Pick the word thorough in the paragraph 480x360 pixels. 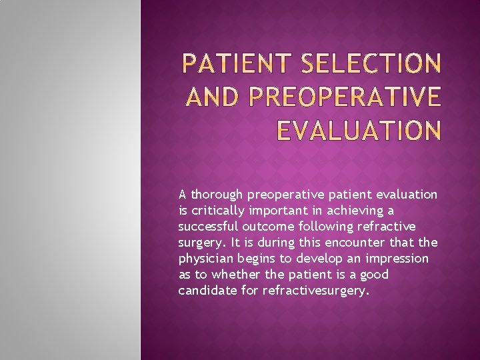(x=217, y=195)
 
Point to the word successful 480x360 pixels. (x=207, y=227)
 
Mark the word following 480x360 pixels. (x=327, y=227)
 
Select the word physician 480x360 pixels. (x=206, y=259)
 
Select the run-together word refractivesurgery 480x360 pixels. (x=315, y=291)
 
